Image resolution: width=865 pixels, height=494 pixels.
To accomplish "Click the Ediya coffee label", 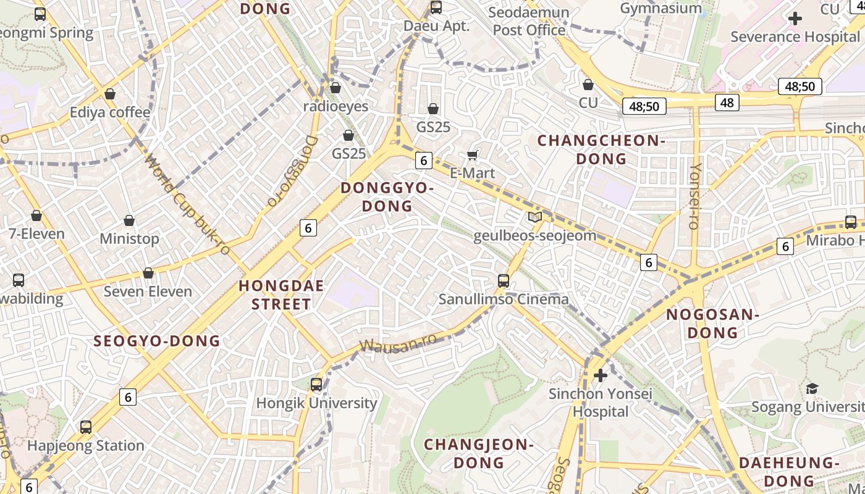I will [110, 112].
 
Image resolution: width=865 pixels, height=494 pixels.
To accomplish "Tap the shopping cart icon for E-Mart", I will [473, 155].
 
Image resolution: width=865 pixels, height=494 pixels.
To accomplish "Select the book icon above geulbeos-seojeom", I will [535, 217].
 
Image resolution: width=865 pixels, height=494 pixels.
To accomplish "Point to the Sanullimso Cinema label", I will [504, 299].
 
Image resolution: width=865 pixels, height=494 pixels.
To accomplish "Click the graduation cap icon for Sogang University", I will [812, 388].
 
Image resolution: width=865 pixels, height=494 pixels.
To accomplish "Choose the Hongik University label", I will [316, 403].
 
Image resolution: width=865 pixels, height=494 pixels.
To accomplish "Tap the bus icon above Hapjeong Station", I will [86, 427].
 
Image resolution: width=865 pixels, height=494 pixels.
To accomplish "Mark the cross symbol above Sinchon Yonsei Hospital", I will [600, 375].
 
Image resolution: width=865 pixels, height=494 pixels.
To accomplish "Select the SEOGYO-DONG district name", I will [157, 341].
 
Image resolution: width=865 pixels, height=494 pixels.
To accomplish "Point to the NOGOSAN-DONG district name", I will [712, 324].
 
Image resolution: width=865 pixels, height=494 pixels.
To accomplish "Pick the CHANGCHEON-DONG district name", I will [601, 149].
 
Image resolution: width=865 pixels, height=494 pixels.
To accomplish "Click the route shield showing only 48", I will [727, 102].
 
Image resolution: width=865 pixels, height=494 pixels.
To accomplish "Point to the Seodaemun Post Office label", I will [529, 21].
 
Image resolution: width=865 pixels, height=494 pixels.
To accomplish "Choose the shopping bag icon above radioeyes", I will [335, 88].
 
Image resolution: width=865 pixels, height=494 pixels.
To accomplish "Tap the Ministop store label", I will [129, 238].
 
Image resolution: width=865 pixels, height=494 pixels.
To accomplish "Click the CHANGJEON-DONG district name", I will [479, 453].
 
